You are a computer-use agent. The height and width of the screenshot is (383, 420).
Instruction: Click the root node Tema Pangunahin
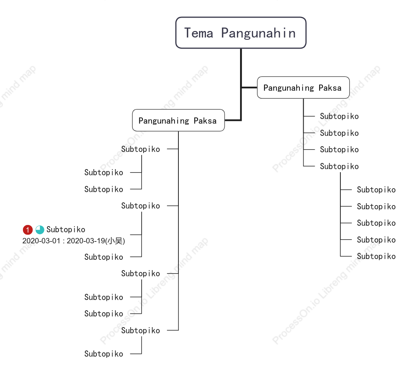pyautogui.click(x=241, y=33)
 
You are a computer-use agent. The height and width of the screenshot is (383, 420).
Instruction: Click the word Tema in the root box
pyautogui.click(x=199, y=33)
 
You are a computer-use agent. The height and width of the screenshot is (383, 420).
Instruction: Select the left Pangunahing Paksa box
pyautogui.click(x=178, y=120)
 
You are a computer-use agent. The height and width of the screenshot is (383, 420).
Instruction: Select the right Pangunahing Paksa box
pyautogui.click(x=303, y=88)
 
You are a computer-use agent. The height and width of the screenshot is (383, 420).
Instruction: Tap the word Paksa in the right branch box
pyautogui.click(x=330, y=88)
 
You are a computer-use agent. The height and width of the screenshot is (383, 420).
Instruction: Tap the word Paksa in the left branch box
pyautogui.click(x=205, y=121)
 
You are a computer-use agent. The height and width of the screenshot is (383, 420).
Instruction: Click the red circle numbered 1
pyautogui.click(x=28, y=230)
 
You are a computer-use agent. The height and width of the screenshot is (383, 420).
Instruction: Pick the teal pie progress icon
pyautogui.click(x=40, y=230)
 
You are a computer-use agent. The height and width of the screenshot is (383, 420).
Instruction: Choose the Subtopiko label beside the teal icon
pyautogui.click(x=66, y=230)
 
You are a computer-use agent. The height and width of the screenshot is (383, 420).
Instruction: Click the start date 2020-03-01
pyautogui.click(x=41, y=241)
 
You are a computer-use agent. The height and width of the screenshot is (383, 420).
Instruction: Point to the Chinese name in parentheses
pyautogui.click(x=115, y=241)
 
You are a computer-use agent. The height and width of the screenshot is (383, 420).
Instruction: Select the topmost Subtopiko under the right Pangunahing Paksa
pyautogui.click(x=339, y=116)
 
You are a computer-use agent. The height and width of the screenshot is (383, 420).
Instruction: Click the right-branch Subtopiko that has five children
pyautogui.click(x=339, y=166)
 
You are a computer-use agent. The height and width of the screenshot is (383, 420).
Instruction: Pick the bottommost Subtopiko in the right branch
pyautogui.click(x=376, y=256)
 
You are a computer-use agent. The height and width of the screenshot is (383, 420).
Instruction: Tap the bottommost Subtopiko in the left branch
pyautogui.click(x=104, y=354)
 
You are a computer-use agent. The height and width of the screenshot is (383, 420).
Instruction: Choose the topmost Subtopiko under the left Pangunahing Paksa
pyautogui.click(x=141, y=149)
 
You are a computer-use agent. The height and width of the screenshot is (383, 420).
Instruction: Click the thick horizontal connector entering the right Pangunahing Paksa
pyautogui.click(x=249, y=88)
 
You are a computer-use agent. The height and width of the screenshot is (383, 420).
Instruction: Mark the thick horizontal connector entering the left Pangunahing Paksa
pyautogui.click(x=233, y=120)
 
